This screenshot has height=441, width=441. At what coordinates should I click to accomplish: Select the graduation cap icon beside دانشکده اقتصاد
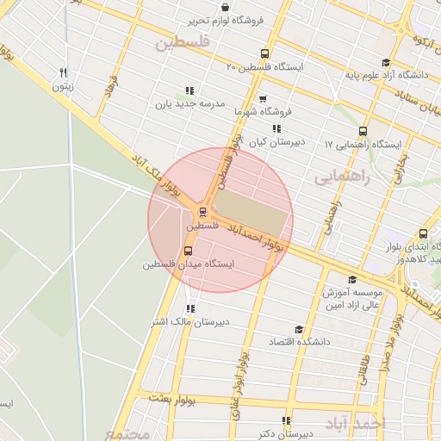[x=298, y=329]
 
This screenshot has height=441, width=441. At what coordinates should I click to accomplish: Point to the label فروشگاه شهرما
[x=263, y=111]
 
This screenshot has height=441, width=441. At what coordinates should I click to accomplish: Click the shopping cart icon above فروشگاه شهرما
[x=262, y=98]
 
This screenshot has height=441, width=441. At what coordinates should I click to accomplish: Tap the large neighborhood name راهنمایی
[x=341, y=177]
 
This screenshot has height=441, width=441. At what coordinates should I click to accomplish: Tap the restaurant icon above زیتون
[x=62, y=73]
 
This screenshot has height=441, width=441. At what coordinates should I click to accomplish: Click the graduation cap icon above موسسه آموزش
[x=351, y=279]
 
